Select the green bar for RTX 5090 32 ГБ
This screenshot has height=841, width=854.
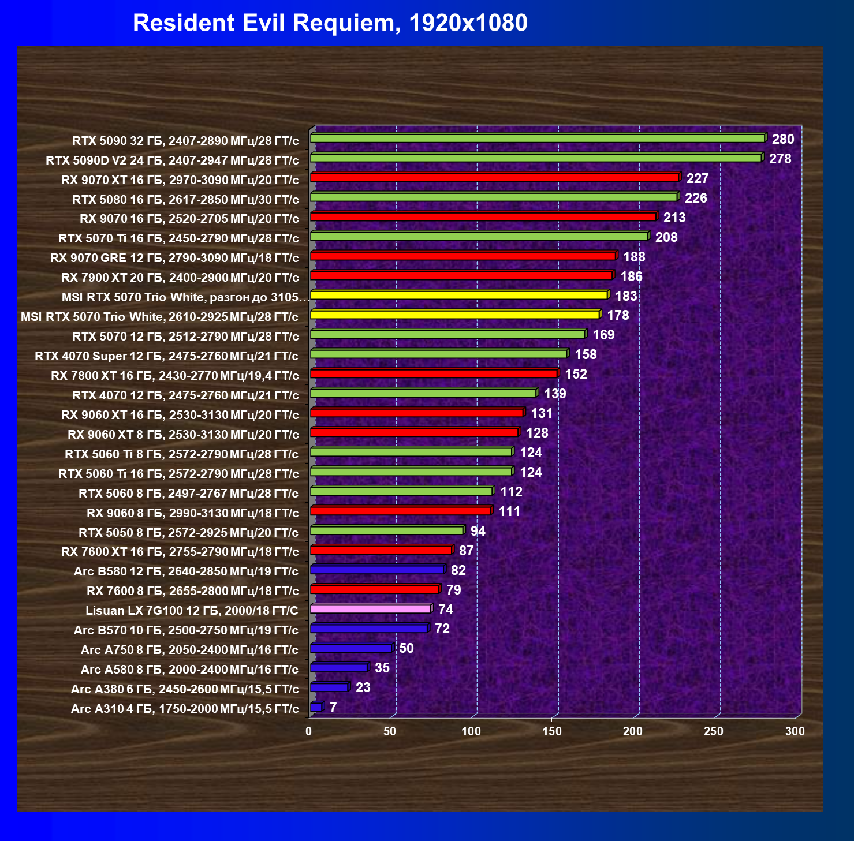tap(538, 138)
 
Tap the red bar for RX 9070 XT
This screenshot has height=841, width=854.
tap(495, 177)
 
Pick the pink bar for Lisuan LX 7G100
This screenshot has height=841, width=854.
tap(371, 608)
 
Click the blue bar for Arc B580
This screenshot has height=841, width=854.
tap(378, 569)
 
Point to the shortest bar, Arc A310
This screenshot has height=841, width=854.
tap(317, 707)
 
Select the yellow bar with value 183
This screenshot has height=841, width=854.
tap(460, 295)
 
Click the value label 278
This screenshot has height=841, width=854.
tap(780, 159)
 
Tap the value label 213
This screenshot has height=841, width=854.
tap(674, 218)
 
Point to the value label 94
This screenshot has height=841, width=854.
tap(478, 531)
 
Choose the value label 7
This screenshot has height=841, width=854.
tap(333, 707)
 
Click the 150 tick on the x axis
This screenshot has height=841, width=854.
tap(552, 731)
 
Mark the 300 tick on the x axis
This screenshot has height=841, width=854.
tap(795, 731)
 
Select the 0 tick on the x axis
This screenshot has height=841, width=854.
tap(309, 731)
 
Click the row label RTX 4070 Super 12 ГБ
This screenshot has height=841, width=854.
tap(167, 356)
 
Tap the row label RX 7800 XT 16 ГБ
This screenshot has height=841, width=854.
tap(175, 375)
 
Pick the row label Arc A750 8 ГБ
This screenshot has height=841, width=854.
tap(190, 650)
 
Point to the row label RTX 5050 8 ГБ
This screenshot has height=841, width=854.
tap(189, 532)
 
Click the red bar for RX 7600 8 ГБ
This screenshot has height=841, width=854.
tap(375, 589)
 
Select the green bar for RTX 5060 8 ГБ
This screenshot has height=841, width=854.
tap(402, 491)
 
